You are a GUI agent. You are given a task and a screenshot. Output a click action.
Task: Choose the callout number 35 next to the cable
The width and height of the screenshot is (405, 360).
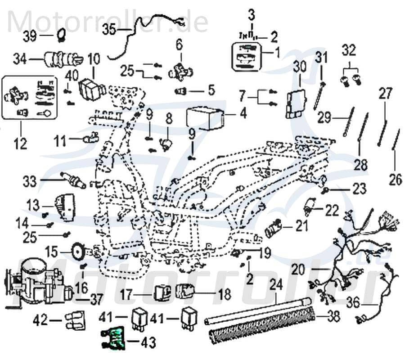[109, 30]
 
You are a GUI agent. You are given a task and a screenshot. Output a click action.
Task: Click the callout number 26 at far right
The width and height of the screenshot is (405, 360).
[395, 180]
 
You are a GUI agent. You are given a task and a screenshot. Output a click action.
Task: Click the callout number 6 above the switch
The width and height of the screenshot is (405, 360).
[179, 44]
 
